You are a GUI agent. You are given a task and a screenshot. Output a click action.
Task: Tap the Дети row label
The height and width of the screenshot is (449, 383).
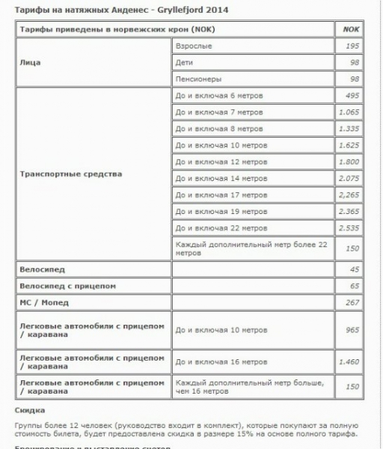pos(184,62)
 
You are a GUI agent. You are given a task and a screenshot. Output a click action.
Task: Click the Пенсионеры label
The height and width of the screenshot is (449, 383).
pos(197,79)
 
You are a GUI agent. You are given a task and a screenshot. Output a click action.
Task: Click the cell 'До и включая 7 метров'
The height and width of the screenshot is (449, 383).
pos(218,112)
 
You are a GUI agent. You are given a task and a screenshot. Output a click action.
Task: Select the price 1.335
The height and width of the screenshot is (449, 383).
pos(349,129)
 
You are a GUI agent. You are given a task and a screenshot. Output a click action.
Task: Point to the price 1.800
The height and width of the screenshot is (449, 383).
pos(349,162)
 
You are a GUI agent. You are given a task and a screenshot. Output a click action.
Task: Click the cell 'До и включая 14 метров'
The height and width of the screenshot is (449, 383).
pos(221,178)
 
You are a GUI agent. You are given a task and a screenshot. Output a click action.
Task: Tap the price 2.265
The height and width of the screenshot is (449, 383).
pos(349,195)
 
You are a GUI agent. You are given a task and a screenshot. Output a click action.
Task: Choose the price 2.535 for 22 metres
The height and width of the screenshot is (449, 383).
pos(349,227)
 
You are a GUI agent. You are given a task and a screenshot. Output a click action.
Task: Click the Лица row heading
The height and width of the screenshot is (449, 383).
pos(30,62)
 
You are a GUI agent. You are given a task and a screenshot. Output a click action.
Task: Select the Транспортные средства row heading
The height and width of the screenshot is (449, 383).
pos(70,174)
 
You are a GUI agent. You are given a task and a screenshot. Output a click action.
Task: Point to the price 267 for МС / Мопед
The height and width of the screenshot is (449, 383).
pos(352,302)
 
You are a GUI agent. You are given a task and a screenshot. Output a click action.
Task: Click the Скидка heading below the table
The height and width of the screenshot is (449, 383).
pos(30,410)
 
